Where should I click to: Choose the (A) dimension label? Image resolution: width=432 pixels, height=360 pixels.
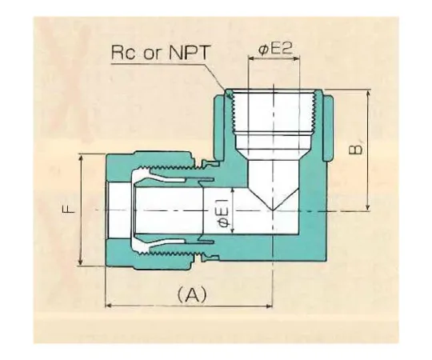[x=191, y=294]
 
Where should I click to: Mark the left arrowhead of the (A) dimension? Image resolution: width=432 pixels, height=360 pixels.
[x=110, y=306]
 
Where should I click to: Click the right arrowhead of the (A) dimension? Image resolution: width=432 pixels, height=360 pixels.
[x=271, y=306]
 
